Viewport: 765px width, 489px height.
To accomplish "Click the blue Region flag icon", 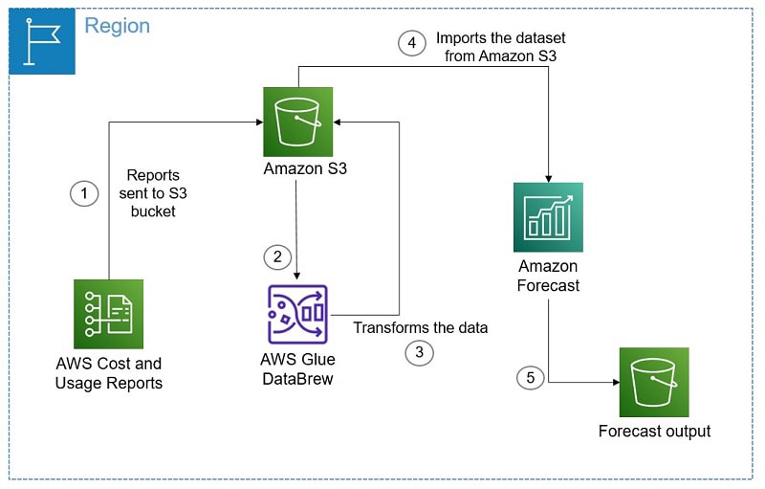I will tap(41, 41).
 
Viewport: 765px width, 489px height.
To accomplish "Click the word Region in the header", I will tap(117, 26).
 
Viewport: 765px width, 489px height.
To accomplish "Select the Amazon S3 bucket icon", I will tap(298, 122).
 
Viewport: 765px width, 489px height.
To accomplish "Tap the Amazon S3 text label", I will tap(298, 170).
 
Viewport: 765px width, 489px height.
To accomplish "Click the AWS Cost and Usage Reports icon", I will tap(108, 314).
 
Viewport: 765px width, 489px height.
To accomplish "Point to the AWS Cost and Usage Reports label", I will tap(108, 373).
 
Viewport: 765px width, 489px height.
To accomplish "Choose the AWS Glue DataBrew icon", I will tap(298, 314).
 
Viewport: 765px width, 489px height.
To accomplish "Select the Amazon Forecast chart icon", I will tap(548, 217).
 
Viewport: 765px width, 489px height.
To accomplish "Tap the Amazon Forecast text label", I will tap(549, 276).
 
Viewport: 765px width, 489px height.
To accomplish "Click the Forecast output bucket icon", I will tap(654, 382).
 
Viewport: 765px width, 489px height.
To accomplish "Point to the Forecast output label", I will tap(654, 432).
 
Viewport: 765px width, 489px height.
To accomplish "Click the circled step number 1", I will tap(85, 194).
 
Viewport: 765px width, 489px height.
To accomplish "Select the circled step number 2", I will tap(277, 256).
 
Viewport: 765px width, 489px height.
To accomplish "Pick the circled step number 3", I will tap(419, 352).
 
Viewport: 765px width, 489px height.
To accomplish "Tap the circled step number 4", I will tap(412, 44).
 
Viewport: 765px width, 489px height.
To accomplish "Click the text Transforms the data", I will tap(421, 327).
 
